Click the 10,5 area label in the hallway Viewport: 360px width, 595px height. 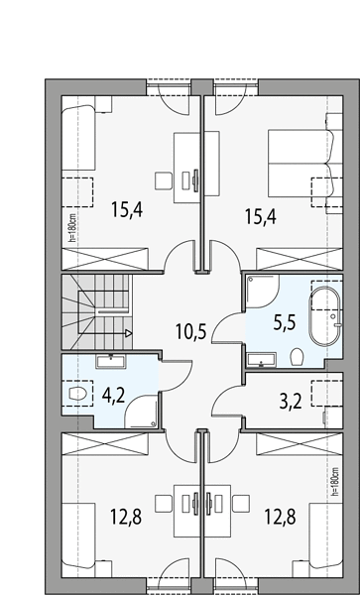(x=190, y=331)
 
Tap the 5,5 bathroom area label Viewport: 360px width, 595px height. (x=285, y=323)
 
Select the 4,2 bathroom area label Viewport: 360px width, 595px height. (x=113, y=396)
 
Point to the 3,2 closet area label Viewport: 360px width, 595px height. (x=291, y=402)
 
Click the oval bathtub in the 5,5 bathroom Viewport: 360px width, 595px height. (x=324, y=315)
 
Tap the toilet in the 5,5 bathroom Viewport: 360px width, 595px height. (x=297, y=357)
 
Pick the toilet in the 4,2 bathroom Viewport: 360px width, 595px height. (x=78, y=393)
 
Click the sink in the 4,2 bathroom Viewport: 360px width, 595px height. (x=111, y=361)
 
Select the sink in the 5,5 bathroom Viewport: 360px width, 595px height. (x=262, y=359)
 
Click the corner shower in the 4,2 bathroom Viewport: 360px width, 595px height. (x=141, y=412)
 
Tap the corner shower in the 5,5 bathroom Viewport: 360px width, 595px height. (x=263, y=292)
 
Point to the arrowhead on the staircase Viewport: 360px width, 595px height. (x=129, y=333)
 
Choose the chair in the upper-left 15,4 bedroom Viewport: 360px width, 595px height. (x=164, y=180)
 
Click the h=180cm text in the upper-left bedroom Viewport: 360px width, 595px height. (x=72, y=227)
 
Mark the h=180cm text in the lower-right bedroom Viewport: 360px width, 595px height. (x=334, y=482)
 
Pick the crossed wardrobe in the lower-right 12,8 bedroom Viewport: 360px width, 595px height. (x=300, y=443)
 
